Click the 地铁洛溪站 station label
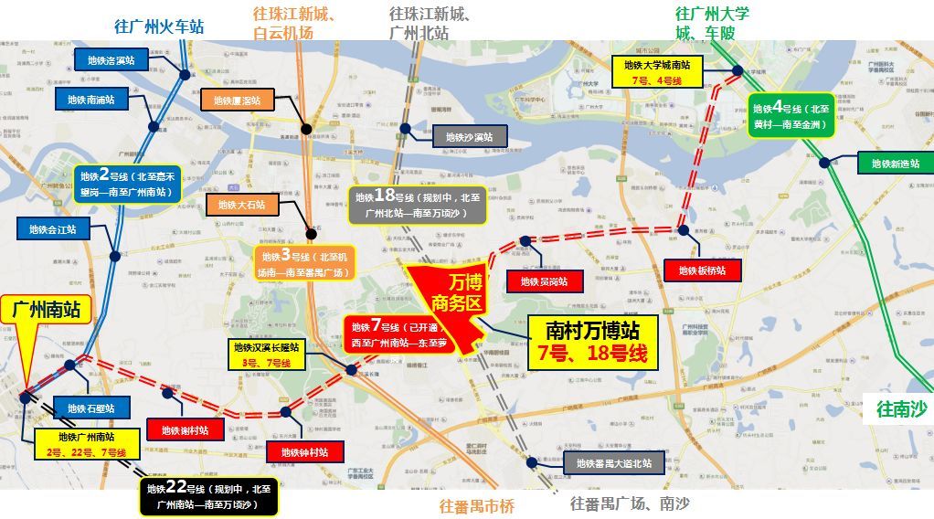(x=111, y=61)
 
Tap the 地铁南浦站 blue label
(x=91, y=100)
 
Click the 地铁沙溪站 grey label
(x=469, y=137)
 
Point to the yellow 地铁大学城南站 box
(x=658, y=72)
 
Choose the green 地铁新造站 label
(x=893, y=164)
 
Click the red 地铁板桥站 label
(x=701, y=270)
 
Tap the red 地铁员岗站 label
(x=545, y=281)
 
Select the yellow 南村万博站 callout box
(x=591, y=340)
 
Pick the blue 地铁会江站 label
(x=53, y=229)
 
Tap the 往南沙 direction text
(x=900, y=409)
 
